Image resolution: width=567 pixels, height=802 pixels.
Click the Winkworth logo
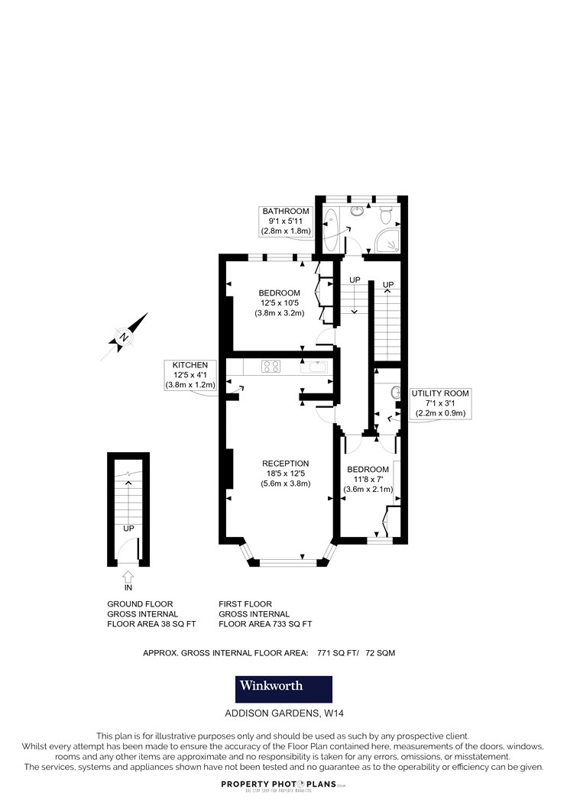point(283,689)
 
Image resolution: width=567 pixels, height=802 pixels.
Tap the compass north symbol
point(123,338)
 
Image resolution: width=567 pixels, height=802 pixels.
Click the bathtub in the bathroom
point(331,230)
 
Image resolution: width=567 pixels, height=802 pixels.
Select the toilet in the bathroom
point(387,215)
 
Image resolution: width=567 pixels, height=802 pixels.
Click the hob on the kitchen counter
point(271,366)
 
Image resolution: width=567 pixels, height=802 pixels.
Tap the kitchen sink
point(314,367)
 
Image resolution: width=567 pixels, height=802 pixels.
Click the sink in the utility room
point(396,393)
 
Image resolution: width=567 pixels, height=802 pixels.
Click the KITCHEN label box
point(190,375)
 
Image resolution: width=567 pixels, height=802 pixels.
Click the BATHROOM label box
point(286,221)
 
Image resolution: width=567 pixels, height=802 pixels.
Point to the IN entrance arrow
point(128,577)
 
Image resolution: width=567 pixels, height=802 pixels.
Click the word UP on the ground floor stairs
point(128,529)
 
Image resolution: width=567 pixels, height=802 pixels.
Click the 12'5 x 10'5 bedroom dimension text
point(280,302)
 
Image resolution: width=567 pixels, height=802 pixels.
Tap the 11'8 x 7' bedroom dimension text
point(368,479)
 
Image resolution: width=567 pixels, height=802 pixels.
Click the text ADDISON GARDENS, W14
point(281,713)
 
